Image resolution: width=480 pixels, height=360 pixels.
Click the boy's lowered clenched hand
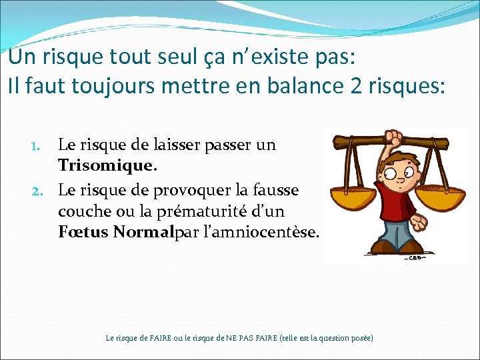pos(421,220)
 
